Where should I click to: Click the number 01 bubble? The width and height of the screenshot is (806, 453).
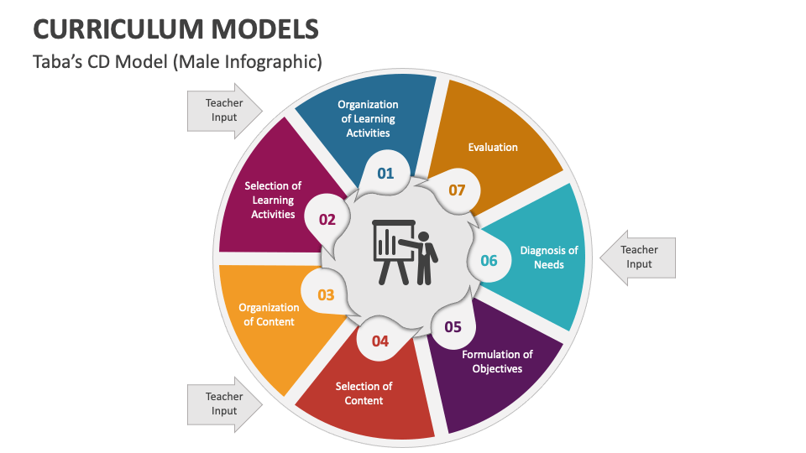pos(385,174)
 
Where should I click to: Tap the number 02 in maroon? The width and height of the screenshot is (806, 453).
pos(327,220)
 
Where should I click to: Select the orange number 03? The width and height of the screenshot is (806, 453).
pos(326,294)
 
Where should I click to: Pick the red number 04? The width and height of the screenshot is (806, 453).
pos(380,341)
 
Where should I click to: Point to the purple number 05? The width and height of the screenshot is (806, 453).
pos(453,327)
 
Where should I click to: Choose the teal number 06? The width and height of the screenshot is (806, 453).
pos(489,260)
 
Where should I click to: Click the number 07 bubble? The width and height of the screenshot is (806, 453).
pos(457,190)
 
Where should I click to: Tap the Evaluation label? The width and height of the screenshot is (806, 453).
pos(493,148)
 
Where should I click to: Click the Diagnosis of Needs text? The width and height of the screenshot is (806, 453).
pos(549,258)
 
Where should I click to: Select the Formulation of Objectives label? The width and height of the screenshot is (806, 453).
pos(497,362)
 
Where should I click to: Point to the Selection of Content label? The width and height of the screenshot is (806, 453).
pos(364,393)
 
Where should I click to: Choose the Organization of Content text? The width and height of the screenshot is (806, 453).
pos(269,315)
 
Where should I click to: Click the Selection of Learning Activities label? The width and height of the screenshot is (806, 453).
pos(273,200)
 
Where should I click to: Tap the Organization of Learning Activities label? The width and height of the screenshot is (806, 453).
pos(368,118)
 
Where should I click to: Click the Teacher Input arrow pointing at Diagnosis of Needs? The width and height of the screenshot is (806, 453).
pos(640,257)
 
